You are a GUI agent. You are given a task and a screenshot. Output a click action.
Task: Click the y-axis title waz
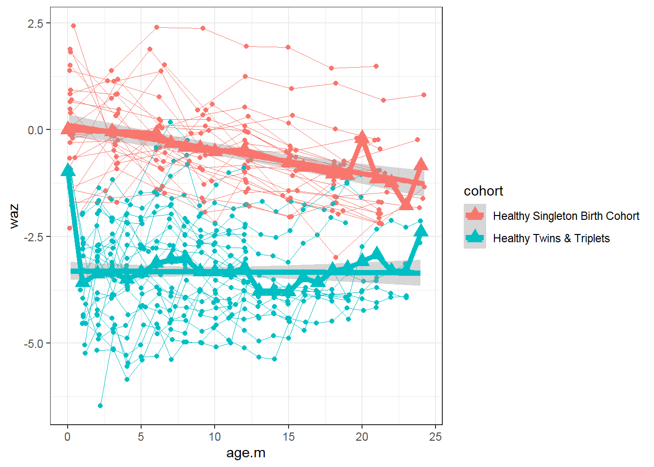click(x=14, y=216)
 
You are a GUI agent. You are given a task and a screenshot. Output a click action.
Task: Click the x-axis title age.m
click(x=246, y=453)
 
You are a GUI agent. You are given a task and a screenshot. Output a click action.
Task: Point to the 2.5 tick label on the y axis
click(x=35, y=23)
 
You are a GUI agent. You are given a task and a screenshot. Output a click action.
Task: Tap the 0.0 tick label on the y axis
click(x=35, y=130)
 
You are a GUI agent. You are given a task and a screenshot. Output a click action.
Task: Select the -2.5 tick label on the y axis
click(x=34, y=237)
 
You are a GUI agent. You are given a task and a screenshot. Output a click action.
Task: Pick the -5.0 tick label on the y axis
click(x=34, y=343)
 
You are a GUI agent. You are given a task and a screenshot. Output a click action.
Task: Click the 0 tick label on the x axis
click(x=68, y=437)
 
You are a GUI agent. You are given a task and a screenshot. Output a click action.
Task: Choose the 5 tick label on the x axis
click(x=141, y=437)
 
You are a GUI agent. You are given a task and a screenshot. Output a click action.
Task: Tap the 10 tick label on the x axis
click(x=215, y=437)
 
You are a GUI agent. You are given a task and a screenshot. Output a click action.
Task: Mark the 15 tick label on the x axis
click(x=288, y=437)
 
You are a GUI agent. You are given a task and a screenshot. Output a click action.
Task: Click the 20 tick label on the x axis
click(x=362, y=437)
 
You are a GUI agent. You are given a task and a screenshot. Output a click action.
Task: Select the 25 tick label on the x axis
click(x=435, y=437)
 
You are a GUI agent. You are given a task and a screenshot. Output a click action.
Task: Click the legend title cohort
click(x=483, y=191)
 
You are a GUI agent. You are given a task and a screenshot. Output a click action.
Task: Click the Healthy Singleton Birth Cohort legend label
click(x=566, y=216)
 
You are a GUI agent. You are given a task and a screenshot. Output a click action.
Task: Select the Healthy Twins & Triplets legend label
click(x=551, y=238)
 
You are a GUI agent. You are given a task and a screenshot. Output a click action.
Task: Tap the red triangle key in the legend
click(x=475, y=215)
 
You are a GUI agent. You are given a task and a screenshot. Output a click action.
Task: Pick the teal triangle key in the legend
click(x=475, y=237)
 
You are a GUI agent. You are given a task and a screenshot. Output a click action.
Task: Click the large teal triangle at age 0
click(x=68, y=170)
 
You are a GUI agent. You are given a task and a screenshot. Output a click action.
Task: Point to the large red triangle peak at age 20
click(x=362, y=138)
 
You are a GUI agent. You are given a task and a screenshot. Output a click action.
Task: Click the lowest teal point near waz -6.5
click(x=100, y=406)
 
